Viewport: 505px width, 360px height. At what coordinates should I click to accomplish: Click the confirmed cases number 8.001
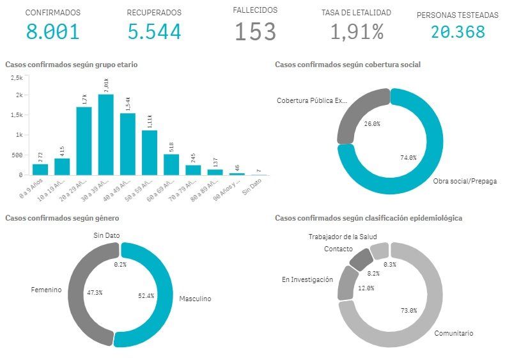[52, 31]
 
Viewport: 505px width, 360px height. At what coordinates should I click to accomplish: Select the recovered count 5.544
[153, 31]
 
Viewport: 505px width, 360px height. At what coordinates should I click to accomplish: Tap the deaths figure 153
[255, 31]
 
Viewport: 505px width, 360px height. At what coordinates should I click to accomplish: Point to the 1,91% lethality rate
[357, 31]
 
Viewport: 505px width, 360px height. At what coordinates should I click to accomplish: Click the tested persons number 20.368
[458, 31]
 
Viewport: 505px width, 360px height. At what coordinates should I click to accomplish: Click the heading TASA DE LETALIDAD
[356, 12]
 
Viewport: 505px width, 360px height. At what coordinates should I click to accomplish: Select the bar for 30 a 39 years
[106, 134]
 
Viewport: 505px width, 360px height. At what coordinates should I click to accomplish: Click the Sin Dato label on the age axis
[255, 185]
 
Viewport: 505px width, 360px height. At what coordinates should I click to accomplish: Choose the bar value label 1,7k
[84, 99]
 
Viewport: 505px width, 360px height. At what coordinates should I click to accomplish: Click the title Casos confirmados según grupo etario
[71, 65]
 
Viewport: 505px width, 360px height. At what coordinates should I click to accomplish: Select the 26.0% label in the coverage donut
[371, 123]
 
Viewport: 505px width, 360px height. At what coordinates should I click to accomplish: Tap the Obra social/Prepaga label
[463, 181]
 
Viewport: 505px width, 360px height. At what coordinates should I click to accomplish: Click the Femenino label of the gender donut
[45, 290]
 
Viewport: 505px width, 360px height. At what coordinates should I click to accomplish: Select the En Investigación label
[307, 279]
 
